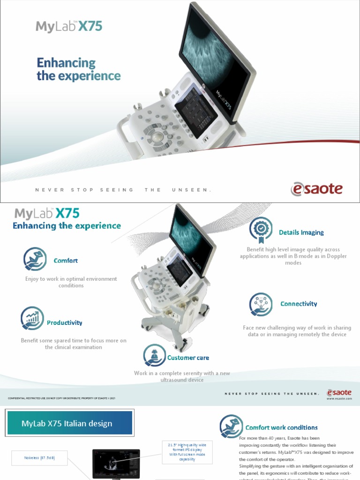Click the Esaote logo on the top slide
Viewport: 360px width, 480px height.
[x=316, y=189]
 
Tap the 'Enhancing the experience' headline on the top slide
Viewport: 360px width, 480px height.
[x=78, y=69]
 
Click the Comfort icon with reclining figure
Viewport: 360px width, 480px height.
[x=35, y=259]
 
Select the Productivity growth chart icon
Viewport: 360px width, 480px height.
[x=32, y=319]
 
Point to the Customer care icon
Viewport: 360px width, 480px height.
[x=154, y=355]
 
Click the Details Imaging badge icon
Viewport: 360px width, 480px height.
[x=261, y=229]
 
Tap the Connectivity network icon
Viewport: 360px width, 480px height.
[x=261, y=304]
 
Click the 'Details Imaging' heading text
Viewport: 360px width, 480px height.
[x=301, y=232]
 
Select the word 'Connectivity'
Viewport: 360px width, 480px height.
[x=299, y=304]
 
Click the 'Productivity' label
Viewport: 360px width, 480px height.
[x=64, y=322]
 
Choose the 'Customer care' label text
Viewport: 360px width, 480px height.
[x=188, y=358]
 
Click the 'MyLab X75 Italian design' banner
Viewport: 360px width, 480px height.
[x=69, y=423]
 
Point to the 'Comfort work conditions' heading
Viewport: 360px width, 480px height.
[x=281, y=427]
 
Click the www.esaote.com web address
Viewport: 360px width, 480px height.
[x=339, y=398]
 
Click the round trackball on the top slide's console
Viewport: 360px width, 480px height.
[x=157, y=136]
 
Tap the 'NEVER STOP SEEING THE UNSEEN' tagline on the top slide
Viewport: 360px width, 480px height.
[x=123, y=190]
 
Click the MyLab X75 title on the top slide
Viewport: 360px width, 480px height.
[x=69, y=26]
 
